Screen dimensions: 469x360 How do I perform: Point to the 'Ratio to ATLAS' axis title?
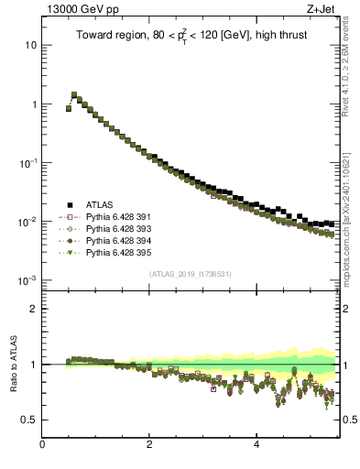[13, 364]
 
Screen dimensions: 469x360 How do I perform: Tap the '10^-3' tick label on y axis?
[27, 279]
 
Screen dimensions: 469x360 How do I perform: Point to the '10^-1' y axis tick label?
[27, 162]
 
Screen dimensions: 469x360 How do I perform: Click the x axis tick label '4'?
[256, 445]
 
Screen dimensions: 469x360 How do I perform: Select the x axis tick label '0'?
[42, 445]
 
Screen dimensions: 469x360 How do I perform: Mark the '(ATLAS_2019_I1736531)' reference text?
[190, 274]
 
